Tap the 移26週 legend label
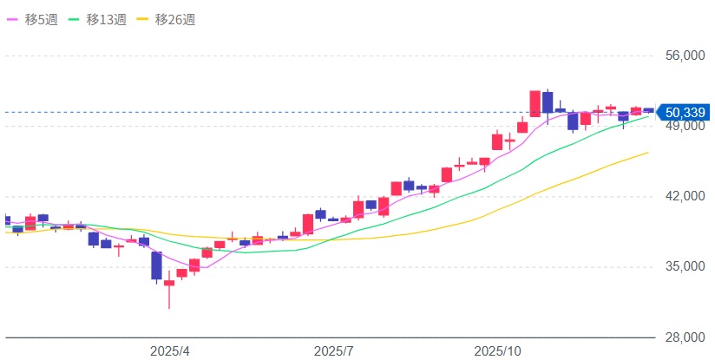click(x=178, y=19)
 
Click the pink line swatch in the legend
click(x=14, y=19)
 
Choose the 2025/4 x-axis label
click(x=169, y=351)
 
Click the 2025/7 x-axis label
click(x=333, y=351)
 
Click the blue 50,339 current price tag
click(x=683, y=111)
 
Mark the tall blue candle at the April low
click(x=157, y=265)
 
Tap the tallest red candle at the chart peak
click(x=535, y=103)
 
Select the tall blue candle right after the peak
click(x=548, y=102)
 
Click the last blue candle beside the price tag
click(x=648, y=110)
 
